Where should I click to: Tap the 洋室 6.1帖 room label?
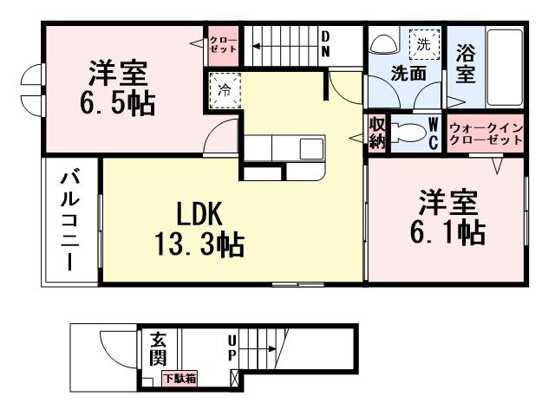click(448, 218)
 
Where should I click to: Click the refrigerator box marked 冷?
click(225, 88)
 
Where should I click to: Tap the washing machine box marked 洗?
click(423, 42)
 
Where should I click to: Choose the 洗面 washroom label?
click(408, 74)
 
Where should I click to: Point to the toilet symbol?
click(407, 133)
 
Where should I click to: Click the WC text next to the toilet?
click(433, 134)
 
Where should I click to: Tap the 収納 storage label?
click(377, 133)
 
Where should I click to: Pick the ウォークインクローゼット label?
click(486, 134)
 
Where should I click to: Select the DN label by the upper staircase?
click(325, 44)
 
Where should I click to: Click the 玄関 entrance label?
click(158, 347)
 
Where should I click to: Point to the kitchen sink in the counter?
click(311, 148)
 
